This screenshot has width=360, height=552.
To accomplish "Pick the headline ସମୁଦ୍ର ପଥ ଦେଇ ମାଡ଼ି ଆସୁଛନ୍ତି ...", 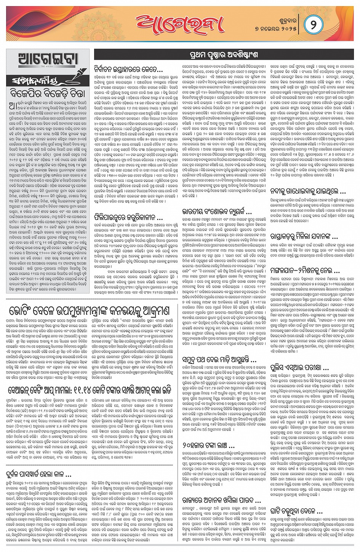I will click(219, 359).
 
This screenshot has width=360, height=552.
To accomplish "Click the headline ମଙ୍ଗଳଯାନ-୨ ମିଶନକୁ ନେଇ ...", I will click(304, 272).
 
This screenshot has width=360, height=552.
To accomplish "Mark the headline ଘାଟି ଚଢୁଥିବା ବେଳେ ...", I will click(296, 511).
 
